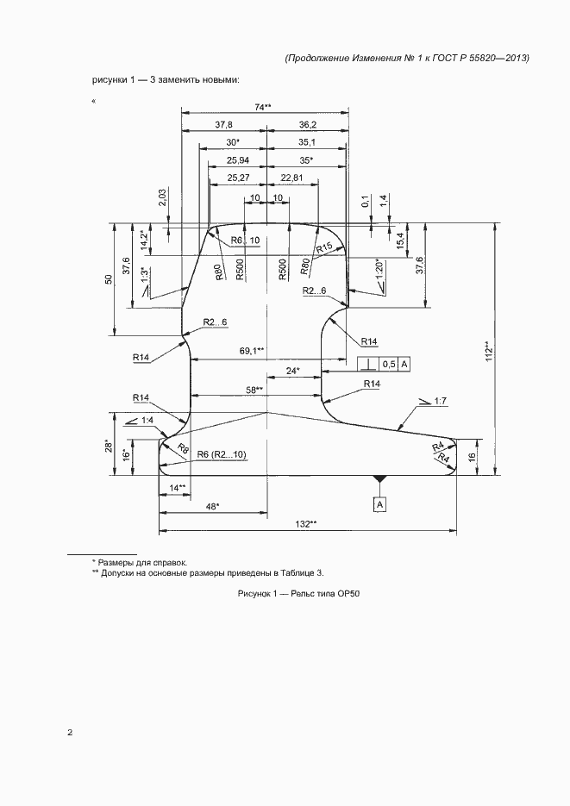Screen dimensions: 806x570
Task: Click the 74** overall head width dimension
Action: coord(263,107)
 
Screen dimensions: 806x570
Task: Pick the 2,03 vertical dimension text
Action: coord(163,198)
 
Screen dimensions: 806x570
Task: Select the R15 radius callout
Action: coord(323,248)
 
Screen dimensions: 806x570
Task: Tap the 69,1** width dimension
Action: coord(252,351)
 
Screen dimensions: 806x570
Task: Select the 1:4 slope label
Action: coord(146,420)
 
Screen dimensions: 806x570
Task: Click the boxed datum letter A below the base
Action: coord(379,503)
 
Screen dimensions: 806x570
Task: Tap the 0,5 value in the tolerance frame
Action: coord(389,365)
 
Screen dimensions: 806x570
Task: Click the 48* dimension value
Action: coord(212,506)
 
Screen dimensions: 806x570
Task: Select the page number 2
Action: coord(71,734)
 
